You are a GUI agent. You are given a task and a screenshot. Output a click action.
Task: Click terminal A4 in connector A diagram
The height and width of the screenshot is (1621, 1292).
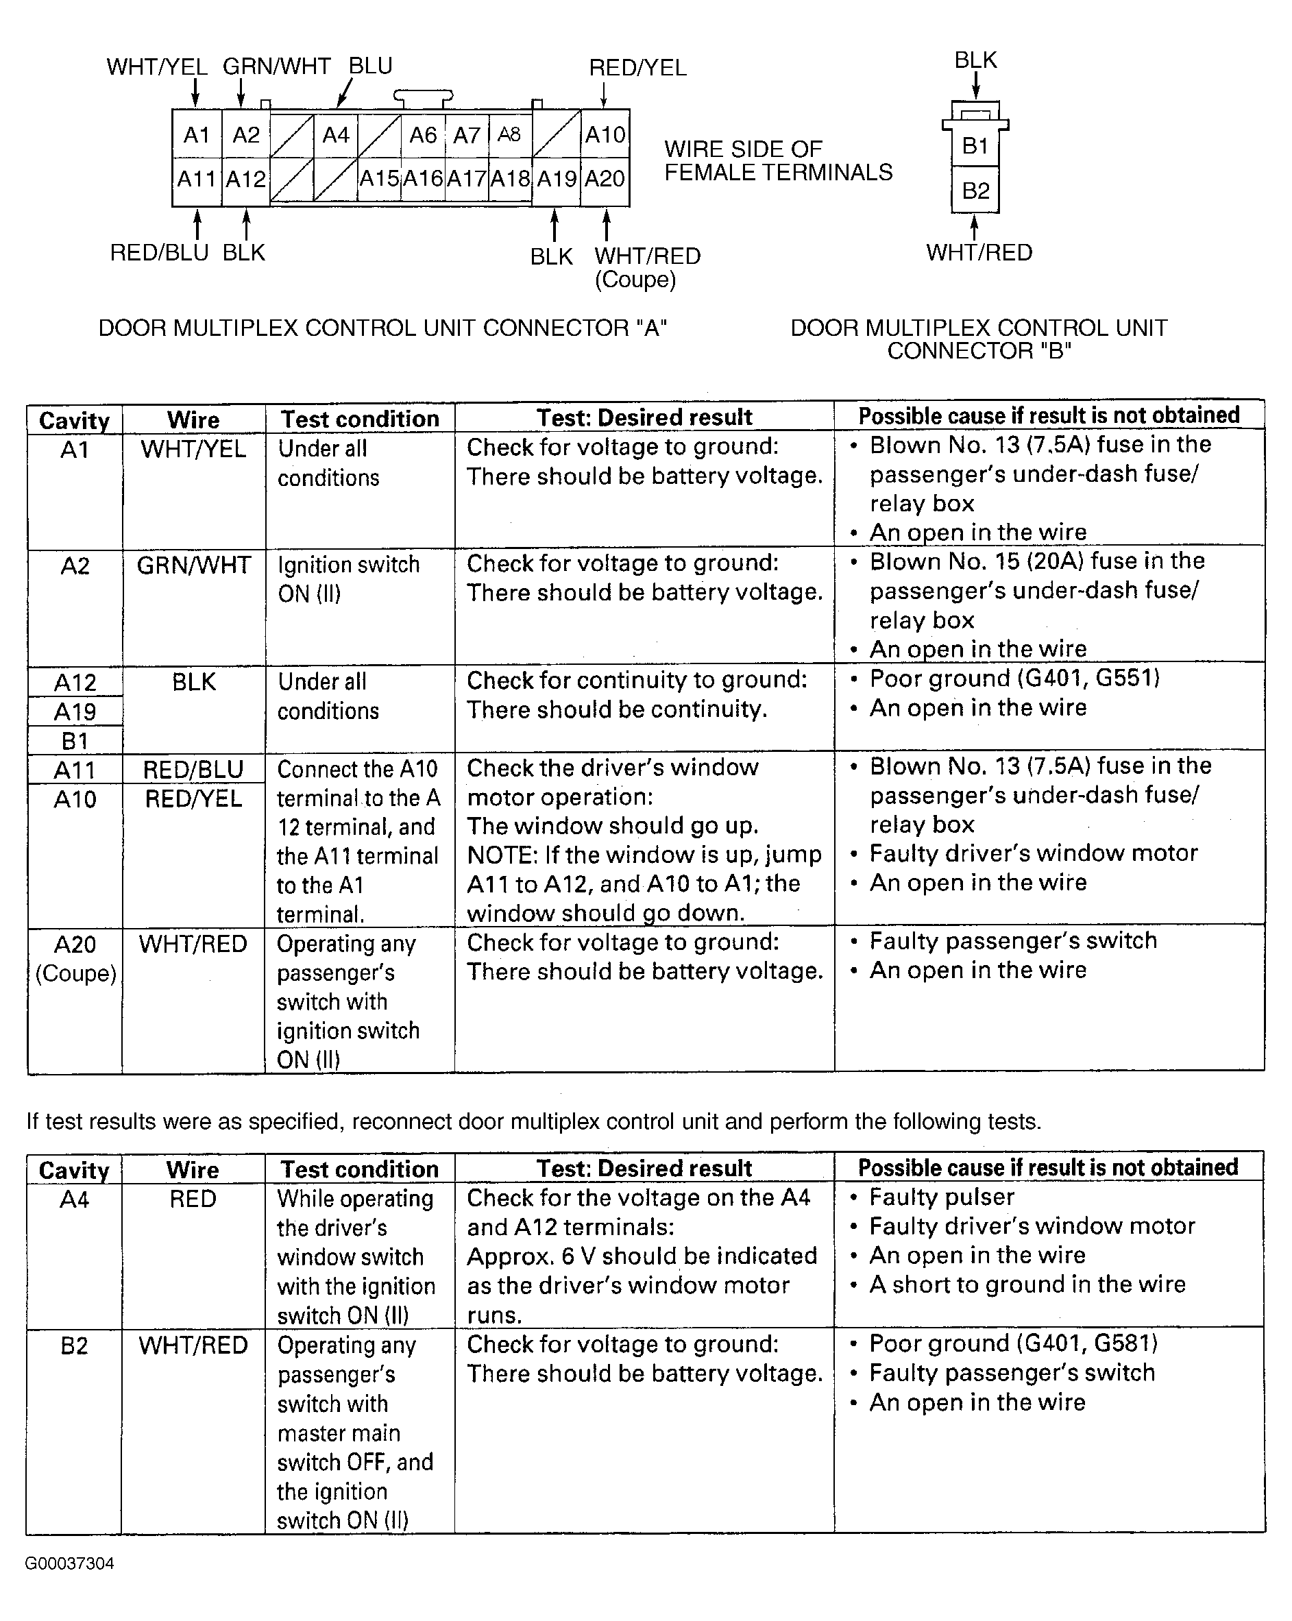(x=335, y=135)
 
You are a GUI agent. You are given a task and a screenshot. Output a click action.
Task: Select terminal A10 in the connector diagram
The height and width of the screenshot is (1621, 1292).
(x=605, y=135)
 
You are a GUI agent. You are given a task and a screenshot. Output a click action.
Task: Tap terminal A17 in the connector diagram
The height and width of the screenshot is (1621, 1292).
(x=466, y=179)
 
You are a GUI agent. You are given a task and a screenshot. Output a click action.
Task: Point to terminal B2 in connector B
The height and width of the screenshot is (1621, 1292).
(x=975, y=191)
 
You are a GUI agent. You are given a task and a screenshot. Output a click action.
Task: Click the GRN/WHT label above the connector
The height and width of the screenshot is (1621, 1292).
(x=276, y=67)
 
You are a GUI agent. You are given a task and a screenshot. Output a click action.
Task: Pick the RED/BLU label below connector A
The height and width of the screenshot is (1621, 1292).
(x=159, y=253)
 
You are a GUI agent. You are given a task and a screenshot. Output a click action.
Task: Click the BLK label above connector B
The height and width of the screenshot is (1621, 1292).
(x=975, y=60)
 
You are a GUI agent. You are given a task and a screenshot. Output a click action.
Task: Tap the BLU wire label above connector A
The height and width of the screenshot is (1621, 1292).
(x=370, y=66)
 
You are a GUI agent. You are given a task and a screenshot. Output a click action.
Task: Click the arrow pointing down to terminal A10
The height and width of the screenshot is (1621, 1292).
(x=604, y=95)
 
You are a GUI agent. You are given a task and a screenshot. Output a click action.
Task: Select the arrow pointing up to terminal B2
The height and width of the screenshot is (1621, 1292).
(x=975, y=227)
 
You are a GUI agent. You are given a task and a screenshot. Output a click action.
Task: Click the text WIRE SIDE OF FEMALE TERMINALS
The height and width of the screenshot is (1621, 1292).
(x=778, y=161)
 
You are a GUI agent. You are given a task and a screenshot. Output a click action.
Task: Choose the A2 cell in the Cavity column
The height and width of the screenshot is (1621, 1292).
(x=75, y=565)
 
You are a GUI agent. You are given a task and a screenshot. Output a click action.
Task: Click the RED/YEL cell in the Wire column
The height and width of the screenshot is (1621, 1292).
(x=193, y=799)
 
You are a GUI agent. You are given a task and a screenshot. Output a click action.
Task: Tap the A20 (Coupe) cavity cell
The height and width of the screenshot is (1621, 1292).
(x=75, y=959)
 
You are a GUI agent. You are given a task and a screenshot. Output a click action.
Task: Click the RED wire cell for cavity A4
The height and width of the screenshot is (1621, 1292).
(x=193, y=1199)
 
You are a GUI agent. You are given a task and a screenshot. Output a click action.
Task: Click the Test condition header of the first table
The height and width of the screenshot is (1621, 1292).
(x=359, y=419)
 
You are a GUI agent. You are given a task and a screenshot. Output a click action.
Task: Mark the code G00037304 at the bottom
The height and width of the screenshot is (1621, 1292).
(x=69, y=1564)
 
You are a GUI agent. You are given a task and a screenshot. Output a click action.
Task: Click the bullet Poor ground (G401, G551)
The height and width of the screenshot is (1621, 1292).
(x=1014, y=678)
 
